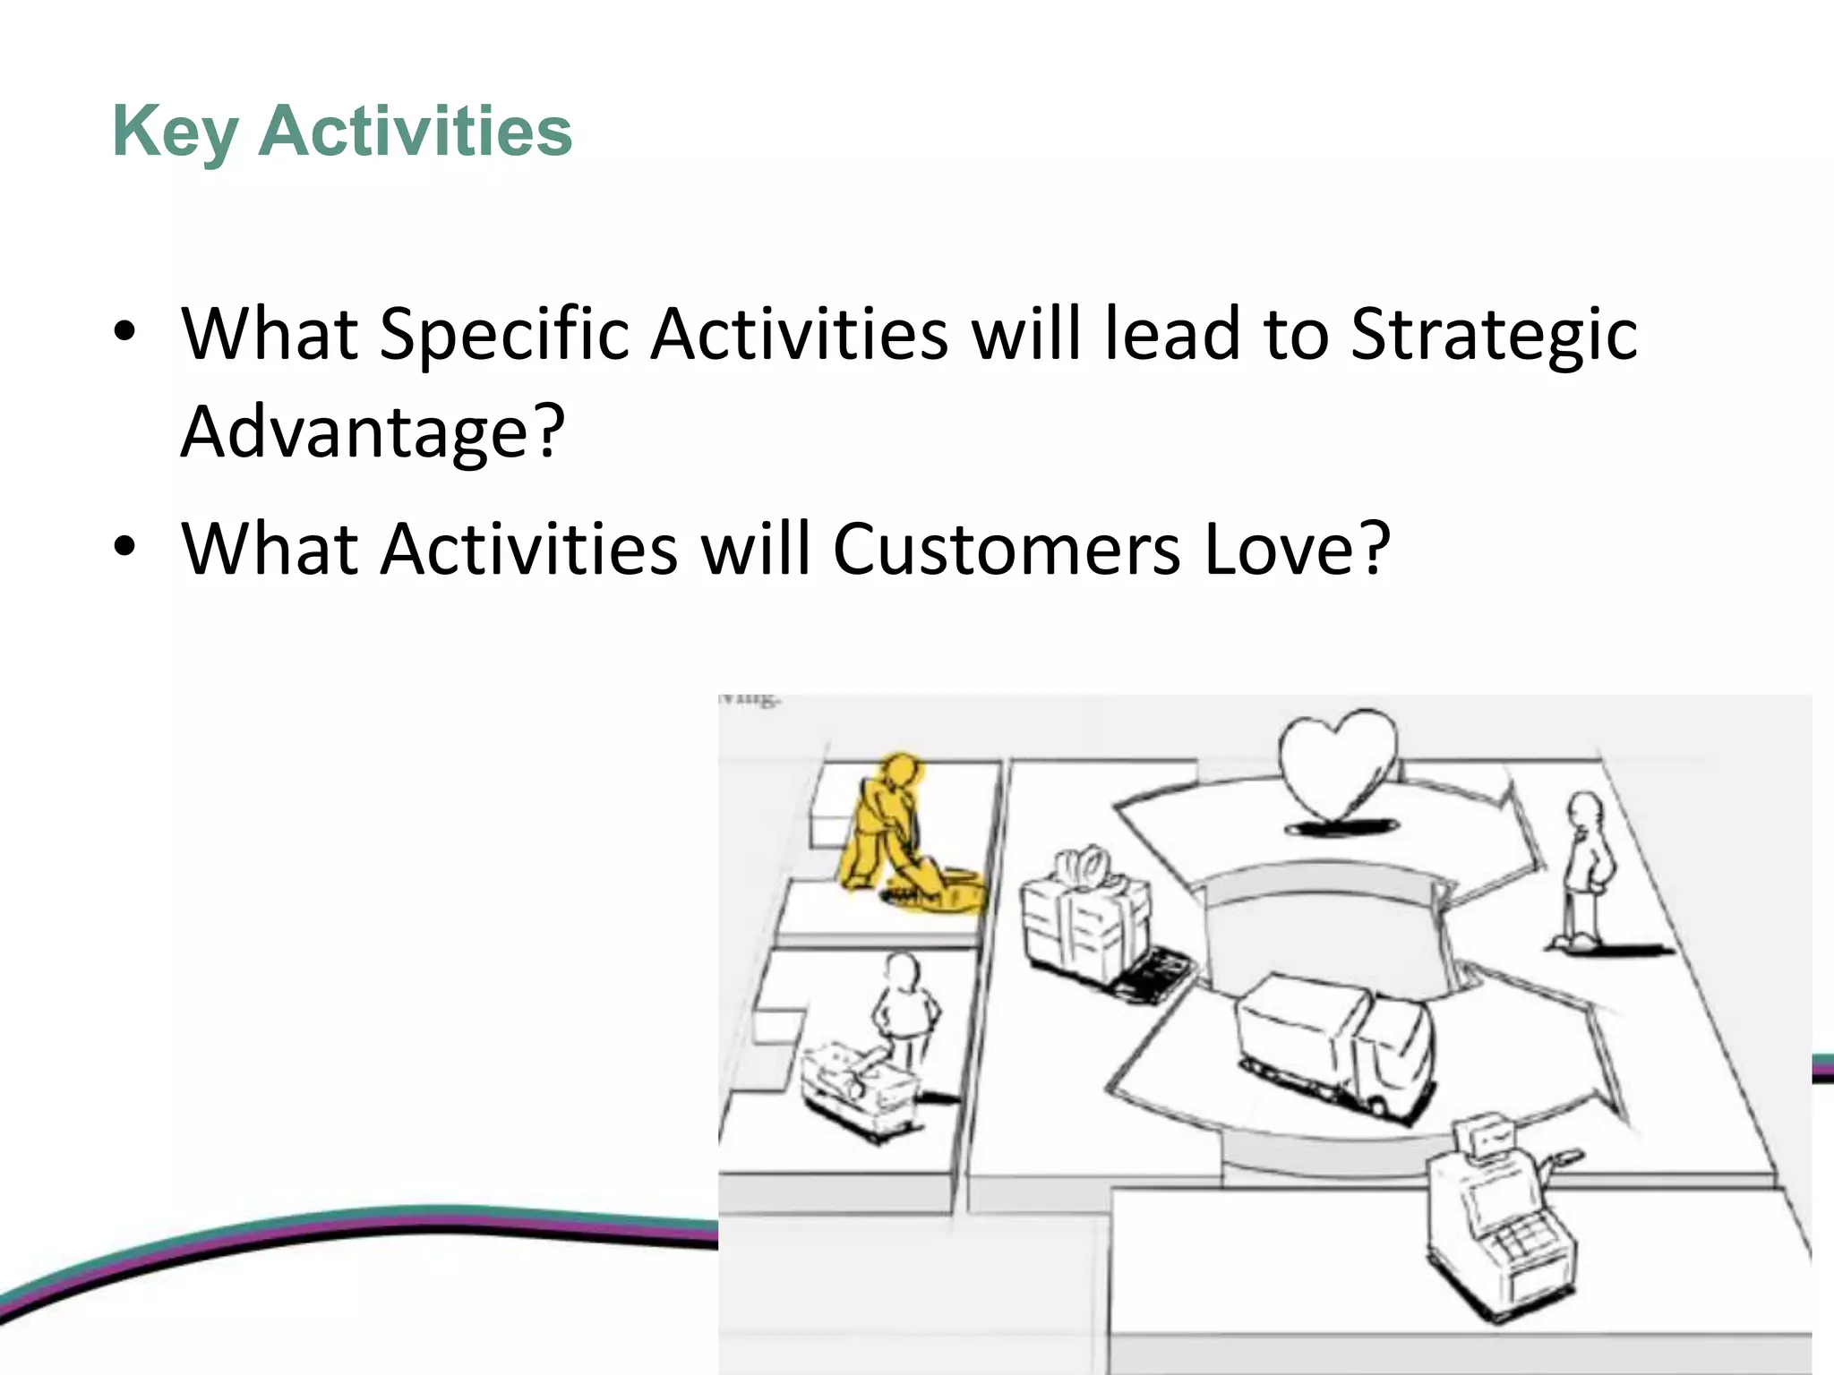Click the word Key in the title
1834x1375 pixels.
click(175, 132)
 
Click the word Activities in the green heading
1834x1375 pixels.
click(415, 132)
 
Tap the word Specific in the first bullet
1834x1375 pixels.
click(504, 335)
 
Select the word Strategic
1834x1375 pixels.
click(1493, 335)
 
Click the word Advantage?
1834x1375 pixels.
click(373, 431)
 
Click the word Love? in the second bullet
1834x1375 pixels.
click(1297, 549)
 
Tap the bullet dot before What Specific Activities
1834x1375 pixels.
click(124, 333)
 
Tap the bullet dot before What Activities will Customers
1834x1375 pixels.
click(124, 547)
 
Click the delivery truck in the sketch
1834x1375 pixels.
click(1334, 1043)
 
